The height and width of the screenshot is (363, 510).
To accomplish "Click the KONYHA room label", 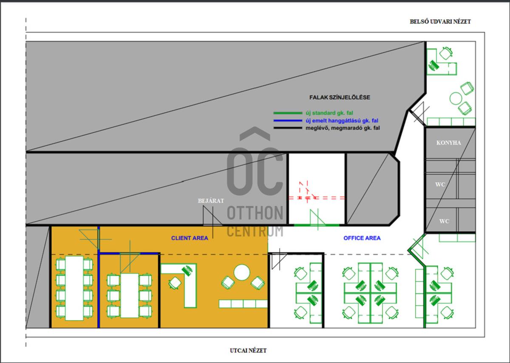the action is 448,143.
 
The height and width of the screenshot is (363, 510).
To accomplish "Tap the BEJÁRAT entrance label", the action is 211,201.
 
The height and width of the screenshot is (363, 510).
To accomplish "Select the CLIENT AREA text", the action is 190,238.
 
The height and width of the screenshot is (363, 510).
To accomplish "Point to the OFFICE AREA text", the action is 362,238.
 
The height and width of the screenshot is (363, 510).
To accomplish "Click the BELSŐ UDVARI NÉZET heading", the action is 440,22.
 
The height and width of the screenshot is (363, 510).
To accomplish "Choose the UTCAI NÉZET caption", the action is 248,351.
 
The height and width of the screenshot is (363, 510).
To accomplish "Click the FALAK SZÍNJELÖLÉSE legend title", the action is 340,97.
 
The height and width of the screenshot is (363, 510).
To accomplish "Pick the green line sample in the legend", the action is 288,113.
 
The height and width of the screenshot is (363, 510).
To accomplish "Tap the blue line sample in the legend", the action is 288,120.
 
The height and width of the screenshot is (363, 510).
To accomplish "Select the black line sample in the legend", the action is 288,128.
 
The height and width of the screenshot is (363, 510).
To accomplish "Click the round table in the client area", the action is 242,272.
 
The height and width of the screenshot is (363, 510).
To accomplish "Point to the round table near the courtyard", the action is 456,98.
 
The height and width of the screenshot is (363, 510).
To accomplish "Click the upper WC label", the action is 440,184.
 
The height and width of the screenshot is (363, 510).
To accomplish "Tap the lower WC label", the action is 444,221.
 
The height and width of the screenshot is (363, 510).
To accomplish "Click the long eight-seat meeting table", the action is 74,288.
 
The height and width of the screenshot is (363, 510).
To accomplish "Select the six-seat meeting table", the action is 130,295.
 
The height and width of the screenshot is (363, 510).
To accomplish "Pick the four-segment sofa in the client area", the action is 243,304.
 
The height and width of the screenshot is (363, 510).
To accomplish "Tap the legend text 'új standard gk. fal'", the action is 329,113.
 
